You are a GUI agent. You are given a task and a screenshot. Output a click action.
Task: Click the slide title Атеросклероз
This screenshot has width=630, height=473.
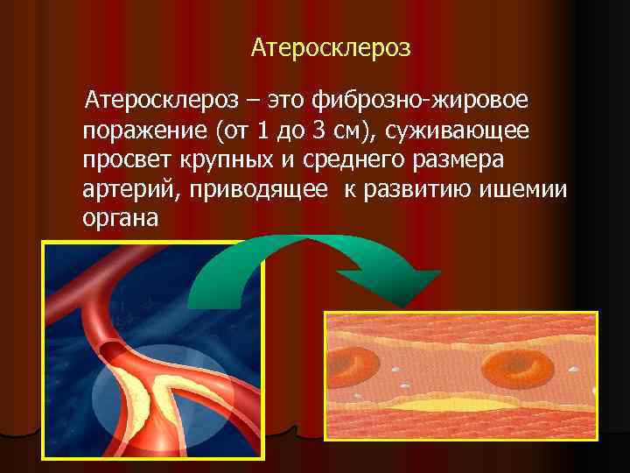(x=330, y=47)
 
